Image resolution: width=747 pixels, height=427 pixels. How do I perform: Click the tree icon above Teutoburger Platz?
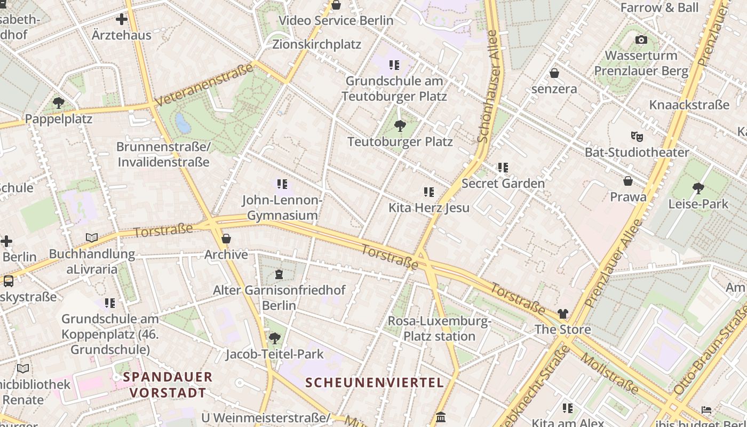[400, 126]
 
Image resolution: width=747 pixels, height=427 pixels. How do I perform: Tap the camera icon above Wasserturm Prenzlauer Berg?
[641, 39]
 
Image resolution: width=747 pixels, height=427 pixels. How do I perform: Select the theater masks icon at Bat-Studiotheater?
[637, 136]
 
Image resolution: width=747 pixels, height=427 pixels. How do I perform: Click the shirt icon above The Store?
[563, 314]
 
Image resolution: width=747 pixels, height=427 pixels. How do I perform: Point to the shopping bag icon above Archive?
[226, 239]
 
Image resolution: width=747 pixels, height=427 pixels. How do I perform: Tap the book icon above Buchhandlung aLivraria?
[92, 238]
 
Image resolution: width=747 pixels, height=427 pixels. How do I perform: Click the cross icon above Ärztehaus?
[122, 20]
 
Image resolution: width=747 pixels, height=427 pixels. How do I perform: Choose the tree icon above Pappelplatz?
[59, 102]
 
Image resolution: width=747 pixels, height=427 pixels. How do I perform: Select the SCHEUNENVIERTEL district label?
[375, 383]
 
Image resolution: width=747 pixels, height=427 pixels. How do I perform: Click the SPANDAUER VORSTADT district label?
[168, 385]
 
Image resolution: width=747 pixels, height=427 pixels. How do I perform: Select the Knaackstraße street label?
[689, 105]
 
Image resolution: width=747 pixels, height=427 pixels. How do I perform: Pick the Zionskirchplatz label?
[317, 44]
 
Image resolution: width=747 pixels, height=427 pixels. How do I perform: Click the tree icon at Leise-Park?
[698, 188]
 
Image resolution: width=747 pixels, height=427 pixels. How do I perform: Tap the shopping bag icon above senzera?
[554, 73]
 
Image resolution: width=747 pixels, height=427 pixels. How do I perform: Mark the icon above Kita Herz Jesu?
[428, 192]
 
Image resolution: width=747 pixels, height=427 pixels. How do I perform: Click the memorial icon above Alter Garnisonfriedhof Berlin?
[279, 274]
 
